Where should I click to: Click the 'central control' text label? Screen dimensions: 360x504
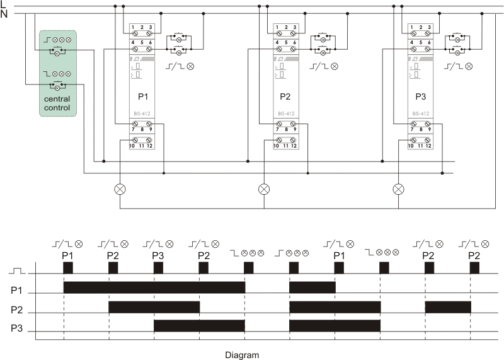click(x=57, y=103)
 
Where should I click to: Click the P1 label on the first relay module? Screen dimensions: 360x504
click(x=142, y=98)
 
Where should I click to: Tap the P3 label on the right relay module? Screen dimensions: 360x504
click(x=420, y=98)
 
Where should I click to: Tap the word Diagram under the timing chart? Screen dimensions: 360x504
click(x=242, y=354)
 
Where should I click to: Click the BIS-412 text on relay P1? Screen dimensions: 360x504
click(x=142, y=114)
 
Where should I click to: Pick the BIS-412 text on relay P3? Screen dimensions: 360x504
click(x=420, y=114)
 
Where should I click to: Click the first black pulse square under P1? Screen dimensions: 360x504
click(x=68, y=267)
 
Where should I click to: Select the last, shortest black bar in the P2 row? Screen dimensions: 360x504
click(x=448, y=307)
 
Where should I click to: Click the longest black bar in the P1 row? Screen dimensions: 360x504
click(x=154, y=287)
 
